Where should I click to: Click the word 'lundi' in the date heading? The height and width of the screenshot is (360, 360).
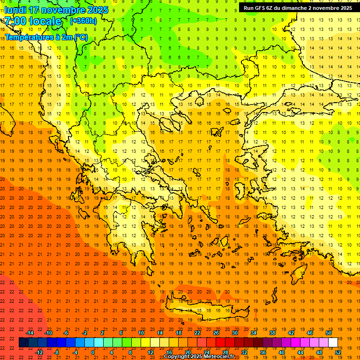pos(15,10)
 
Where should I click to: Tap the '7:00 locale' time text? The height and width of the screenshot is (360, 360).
pos(32,21)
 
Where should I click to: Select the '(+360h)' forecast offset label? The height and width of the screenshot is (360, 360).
pos(83,21)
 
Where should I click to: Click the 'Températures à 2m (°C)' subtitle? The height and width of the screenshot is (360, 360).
pos(46,37)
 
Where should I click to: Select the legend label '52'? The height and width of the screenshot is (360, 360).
pos(338,352)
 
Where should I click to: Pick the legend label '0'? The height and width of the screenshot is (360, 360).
pos(93,352)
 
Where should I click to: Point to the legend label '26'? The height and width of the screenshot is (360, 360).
pos(216,333)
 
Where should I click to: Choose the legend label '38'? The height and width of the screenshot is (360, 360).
pos(272,333)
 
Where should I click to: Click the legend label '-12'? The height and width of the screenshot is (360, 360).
pos(39,352)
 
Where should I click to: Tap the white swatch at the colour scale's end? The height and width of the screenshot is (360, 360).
pos(333,343)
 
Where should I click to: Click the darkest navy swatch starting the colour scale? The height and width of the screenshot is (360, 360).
pos(23,343)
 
